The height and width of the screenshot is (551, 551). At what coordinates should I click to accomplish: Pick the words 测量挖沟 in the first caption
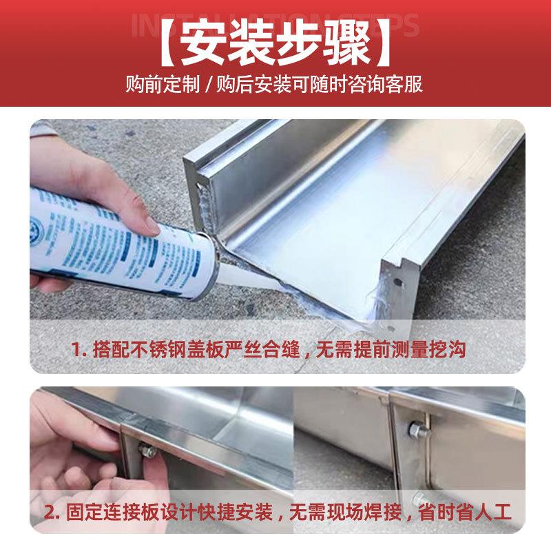[441, 350]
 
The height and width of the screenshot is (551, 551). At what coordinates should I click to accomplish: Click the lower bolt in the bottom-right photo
[417, 498]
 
